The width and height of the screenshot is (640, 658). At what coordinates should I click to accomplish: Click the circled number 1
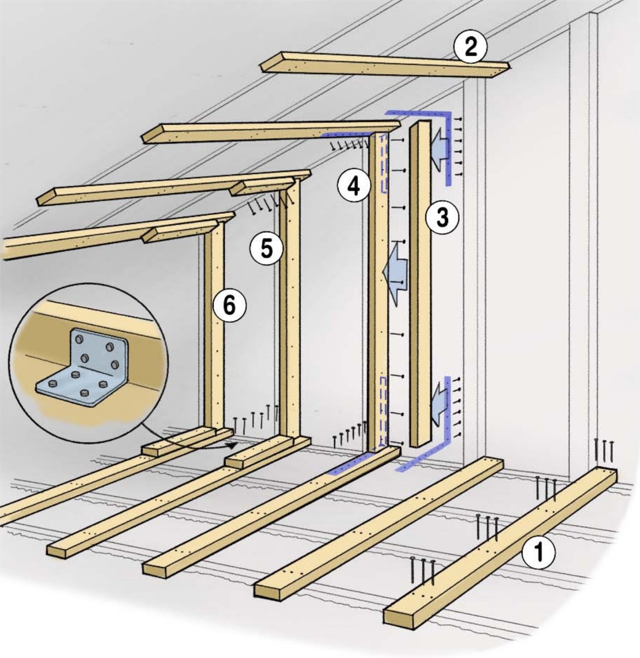537,553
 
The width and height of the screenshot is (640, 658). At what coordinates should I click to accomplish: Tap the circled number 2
470,47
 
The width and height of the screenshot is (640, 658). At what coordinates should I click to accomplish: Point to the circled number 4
354,186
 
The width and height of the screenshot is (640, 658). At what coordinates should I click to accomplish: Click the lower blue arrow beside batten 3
438,397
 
